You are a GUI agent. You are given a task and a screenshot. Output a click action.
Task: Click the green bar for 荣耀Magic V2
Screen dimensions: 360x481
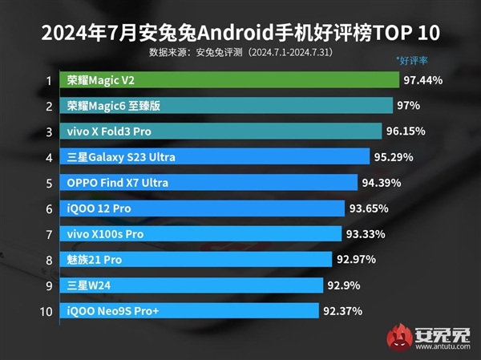coord(228,80)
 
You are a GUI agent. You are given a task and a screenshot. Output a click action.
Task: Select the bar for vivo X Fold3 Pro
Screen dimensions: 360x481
coord(220,131)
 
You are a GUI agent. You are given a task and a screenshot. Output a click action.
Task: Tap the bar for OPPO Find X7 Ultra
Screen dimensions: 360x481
coord(208,182)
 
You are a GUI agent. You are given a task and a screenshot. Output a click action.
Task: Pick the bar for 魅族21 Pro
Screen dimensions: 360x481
coord(196,259)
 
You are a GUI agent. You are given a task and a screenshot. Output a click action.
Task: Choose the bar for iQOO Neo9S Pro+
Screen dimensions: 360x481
coord(189,310)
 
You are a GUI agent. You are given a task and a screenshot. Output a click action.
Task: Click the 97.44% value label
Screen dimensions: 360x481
coord(424,80)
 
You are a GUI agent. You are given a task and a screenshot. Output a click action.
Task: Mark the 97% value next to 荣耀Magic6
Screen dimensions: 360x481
coord(409,106)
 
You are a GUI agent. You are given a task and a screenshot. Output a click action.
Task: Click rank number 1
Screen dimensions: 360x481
coord(49,80)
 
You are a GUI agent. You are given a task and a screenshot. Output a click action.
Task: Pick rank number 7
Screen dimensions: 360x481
coord(49,234)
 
